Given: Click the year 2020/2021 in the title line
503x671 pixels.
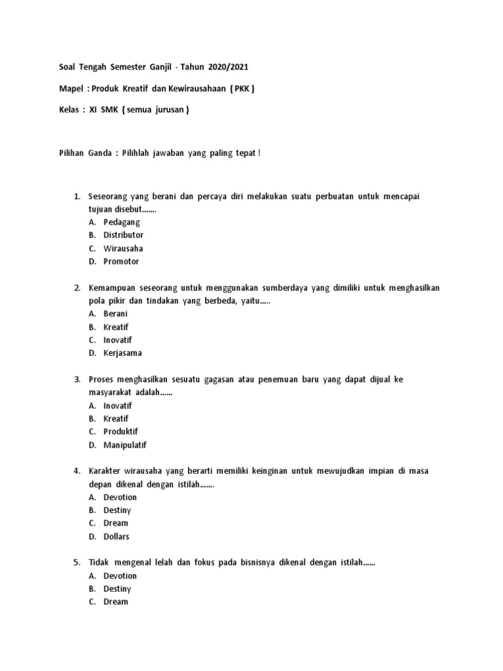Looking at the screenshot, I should (x=229, y=67).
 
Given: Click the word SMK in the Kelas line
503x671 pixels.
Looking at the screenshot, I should (x=109, y=110).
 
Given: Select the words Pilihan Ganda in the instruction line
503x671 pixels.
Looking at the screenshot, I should (x=79, y=153).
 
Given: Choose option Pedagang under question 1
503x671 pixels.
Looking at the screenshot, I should (x=122, y=222).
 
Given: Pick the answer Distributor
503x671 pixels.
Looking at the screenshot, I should (x=123, y=235).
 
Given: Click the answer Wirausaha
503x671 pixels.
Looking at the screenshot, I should (x=123, y=248).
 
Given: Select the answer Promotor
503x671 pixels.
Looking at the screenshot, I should (x=121, y=261).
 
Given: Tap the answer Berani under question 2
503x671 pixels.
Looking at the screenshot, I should (x=115, y=314).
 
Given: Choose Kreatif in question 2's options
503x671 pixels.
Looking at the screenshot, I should (x=116, y=327).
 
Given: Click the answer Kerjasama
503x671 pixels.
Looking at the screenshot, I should (x=122, y=353).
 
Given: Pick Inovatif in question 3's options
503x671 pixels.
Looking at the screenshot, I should (x=117, y=406).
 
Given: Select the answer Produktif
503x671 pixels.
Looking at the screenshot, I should (x=121, y=432).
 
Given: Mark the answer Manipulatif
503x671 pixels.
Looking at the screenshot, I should (x=125, y=445).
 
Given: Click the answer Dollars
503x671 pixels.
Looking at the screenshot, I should (x=117, y=537).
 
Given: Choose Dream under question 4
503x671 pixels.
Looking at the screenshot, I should (x=116, y=524).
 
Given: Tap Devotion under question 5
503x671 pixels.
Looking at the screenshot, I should (x=120, y=576).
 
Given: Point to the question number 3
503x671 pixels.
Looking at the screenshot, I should (x=77, y=379).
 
